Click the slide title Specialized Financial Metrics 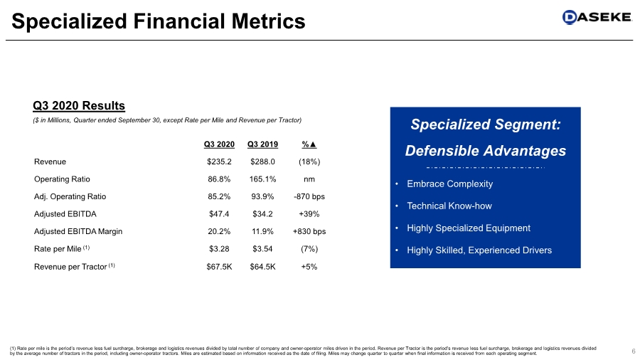159,22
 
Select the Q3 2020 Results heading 79,106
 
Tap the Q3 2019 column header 262,145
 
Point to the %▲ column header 309,145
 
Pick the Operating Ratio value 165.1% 262,179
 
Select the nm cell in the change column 309,179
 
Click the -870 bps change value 309,196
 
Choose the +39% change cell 309,213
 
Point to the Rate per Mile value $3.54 262,248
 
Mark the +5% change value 309,266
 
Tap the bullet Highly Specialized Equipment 468,228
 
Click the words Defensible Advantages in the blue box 486,151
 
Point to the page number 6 632,350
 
